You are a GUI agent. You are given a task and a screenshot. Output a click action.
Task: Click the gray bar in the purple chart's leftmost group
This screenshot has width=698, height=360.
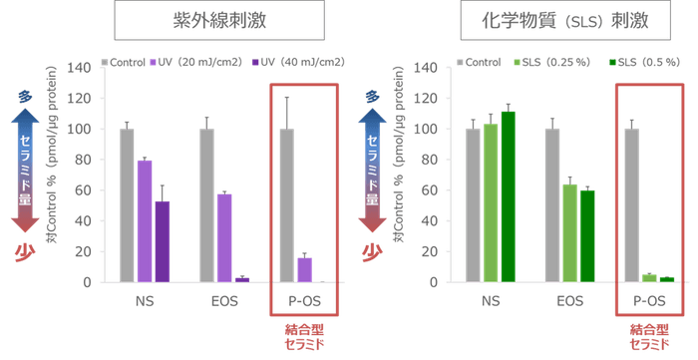coord(127,204)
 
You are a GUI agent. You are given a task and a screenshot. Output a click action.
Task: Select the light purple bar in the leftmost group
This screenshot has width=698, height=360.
coord(145,219)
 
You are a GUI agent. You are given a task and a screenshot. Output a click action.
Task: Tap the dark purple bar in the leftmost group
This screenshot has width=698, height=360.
coord(163,240)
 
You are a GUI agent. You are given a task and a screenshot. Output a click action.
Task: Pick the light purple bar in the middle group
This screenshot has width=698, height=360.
coord(224,236)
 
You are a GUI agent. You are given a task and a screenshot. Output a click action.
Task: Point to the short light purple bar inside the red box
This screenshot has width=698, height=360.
coord(304,268)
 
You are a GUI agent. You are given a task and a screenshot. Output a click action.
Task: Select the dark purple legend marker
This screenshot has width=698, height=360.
coord(256,62)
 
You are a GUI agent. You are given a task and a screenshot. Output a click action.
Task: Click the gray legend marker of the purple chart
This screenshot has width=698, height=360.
coord(105,62)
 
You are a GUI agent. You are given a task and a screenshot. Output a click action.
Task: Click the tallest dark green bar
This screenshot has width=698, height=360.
coord(509,195)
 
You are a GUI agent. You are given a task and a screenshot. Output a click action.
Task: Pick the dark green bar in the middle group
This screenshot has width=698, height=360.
coord(587,234)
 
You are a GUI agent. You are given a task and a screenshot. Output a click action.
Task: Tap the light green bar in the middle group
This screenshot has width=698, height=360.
coord(569,231)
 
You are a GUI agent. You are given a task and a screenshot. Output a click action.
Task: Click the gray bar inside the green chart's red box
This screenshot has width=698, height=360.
coord(630,204)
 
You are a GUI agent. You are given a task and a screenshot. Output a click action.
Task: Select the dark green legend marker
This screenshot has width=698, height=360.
coord(612,62)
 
